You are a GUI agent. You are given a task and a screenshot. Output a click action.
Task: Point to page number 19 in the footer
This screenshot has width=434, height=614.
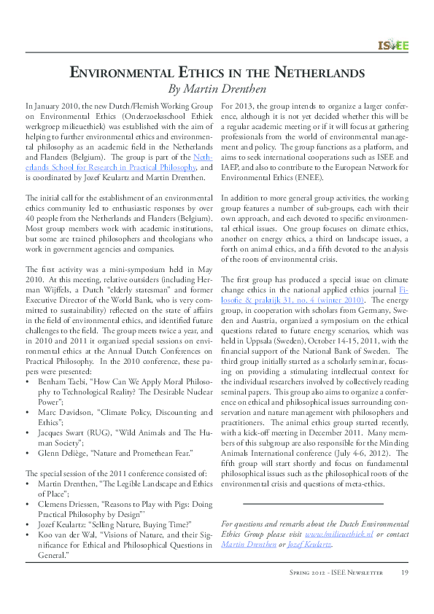403,572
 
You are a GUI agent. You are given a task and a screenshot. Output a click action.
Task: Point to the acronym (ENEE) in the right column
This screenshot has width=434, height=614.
310,176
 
